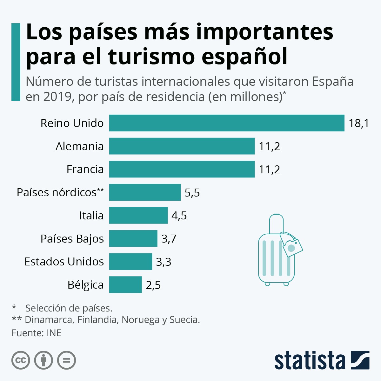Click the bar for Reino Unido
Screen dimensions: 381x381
tap(227, 123)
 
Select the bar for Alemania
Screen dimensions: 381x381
tap(182, 146)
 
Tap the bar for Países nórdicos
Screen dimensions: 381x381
tap(145, 192)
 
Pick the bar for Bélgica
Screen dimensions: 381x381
tap(125, 285)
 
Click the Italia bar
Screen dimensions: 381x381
tap(138, 216)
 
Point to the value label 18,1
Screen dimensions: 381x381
tap(359, 123)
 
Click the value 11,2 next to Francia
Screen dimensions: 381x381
tap(269, 170)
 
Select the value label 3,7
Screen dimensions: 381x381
tap(169, 239)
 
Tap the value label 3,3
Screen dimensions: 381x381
tap(164, 262)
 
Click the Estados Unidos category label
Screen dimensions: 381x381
tap(64, 262)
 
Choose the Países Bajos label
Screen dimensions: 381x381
tap(72, 239)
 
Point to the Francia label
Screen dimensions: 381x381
tap(85, 169)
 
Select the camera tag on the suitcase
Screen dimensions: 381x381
tap(291, 246)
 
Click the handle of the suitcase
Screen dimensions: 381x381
tap(276, 222)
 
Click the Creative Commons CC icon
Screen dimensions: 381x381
tap(21, 360)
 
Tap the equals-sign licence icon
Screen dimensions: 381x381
tap(67, 360)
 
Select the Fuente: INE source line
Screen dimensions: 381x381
tap(37, 333)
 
